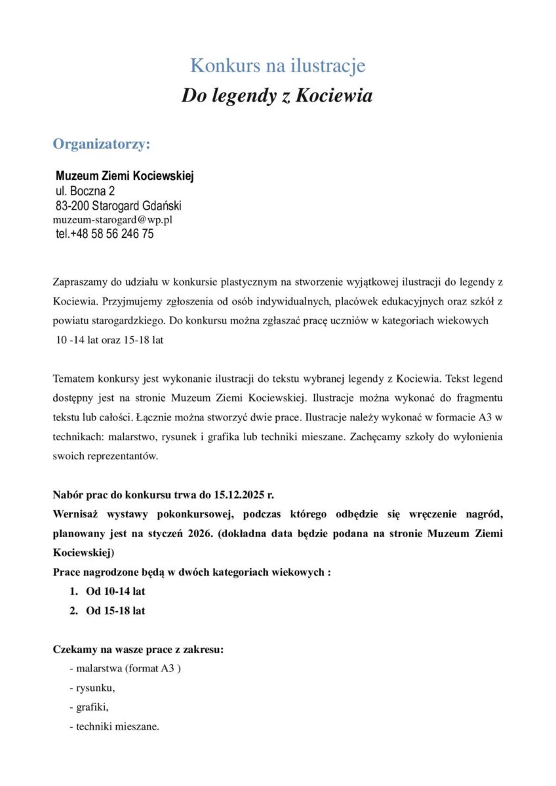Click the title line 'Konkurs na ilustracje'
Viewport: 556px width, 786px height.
pyautogui.click(x=277, y=65)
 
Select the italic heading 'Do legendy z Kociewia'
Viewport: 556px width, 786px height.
pyautogui.click(x=277, y=96)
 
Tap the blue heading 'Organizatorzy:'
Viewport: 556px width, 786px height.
pyautogui.click(x=102, y=143)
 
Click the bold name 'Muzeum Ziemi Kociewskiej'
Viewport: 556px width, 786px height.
pyautogui.click(x=125, y=176)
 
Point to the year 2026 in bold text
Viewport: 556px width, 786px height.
pyautogui.click(x=197, y=533)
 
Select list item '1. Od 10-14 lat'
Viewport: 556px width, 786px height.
pyautogui.click(x=108, y=591)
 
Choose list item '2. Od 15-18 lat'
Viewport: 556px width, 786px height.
pyautogui.click(x=108, y=610)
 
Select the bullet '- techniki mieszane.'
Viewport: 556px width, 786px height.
pyautogui.click(x=114, y=726)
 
